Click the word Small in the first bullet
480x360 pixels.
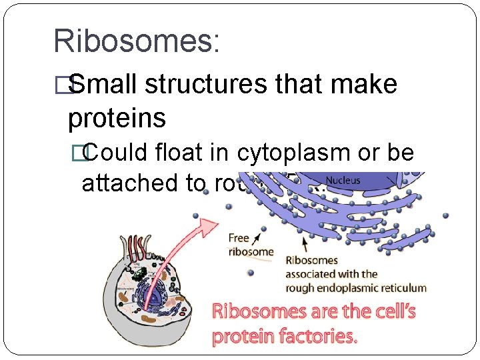[103, 85]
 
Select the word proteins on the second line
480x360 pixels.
[117, 118]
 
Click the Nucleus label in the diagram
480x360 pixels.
[343, 180]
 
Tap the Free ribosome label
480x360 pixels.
[251, 245]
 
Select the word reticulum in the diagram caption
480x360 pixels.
[399, 288]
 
